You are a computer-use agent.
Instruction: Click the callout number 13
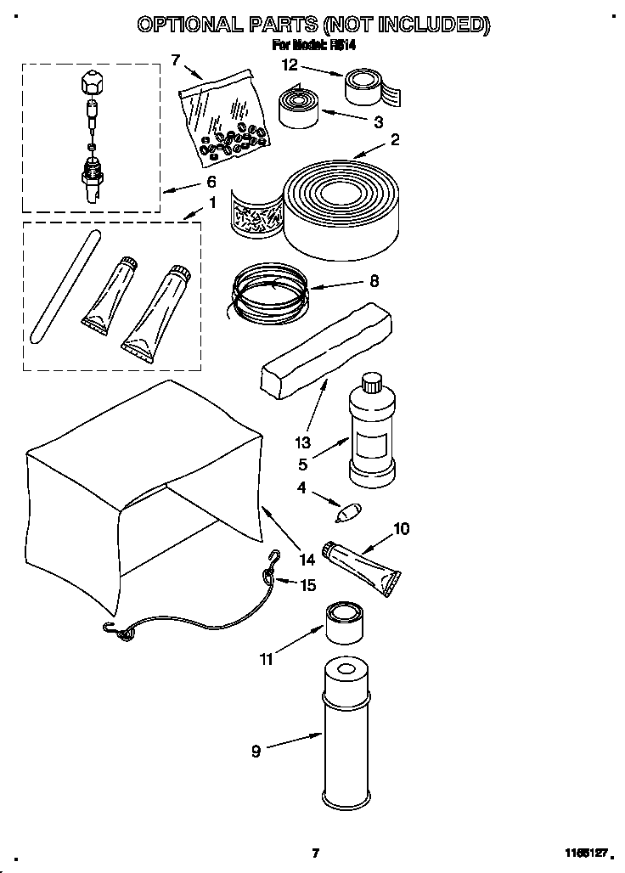point(303,442)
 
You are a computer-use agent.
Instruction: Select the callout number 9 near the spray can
point(256,750)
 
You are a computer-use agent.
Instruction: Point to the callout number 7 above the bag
point(176,59)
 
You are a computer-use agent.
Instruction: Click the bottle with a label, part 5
point(370,434)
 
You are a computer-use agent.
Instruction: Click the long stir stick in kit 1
point(61,287)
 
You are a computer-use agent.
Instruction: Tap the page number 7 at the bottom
point(314,853)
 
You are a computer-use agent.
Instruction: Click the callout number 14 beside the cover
point(307,559)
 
